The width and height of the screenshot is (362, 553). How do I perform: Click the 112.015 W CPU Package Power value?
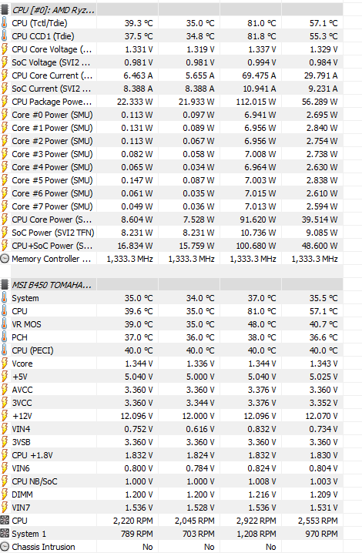[256, 102]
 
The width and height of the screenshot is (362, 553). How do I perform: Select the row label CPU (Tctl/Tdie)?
[39, 23]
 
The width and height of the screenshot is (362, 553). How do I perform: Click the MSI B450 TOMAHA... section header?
[52, 285]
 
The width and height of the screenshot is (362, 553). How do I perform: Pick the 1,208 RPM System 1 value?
[256, 534]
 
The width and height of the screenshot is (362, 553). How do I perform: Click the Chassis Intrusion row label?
[43, 547]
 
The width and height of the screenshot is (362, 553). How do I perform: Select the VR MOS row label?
[26, 324]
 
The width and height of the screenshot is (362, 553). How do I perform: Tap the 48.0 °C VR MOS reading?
[262, 324]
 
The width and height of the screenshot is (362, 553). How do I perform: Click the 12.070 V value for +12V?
[321, 416]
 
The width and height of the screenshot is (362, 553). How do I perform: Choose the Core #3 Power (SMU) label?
[52, 155]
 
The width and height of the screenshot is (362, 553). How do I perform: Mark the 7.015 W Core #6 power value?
[260, 193]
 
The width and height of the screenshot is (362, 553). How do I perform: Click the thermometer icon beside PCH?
[4, 337]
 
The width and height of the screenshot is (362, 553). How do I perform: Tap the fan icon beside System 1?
[5, 534]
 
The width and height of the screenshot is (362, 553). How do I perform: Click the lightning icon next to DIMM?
[5, 494]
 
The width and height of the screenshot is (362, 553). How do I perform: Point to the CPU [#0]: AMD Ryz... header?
[53, 10]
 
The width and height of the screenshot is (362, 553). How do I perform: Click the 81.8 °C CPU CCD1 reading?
[262, 36]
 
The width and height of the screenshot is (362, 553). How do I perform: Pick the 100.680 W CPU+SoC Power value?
[256, 246]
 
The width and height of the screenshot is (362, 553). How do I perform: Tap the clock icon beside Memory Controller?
[5, 259]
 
